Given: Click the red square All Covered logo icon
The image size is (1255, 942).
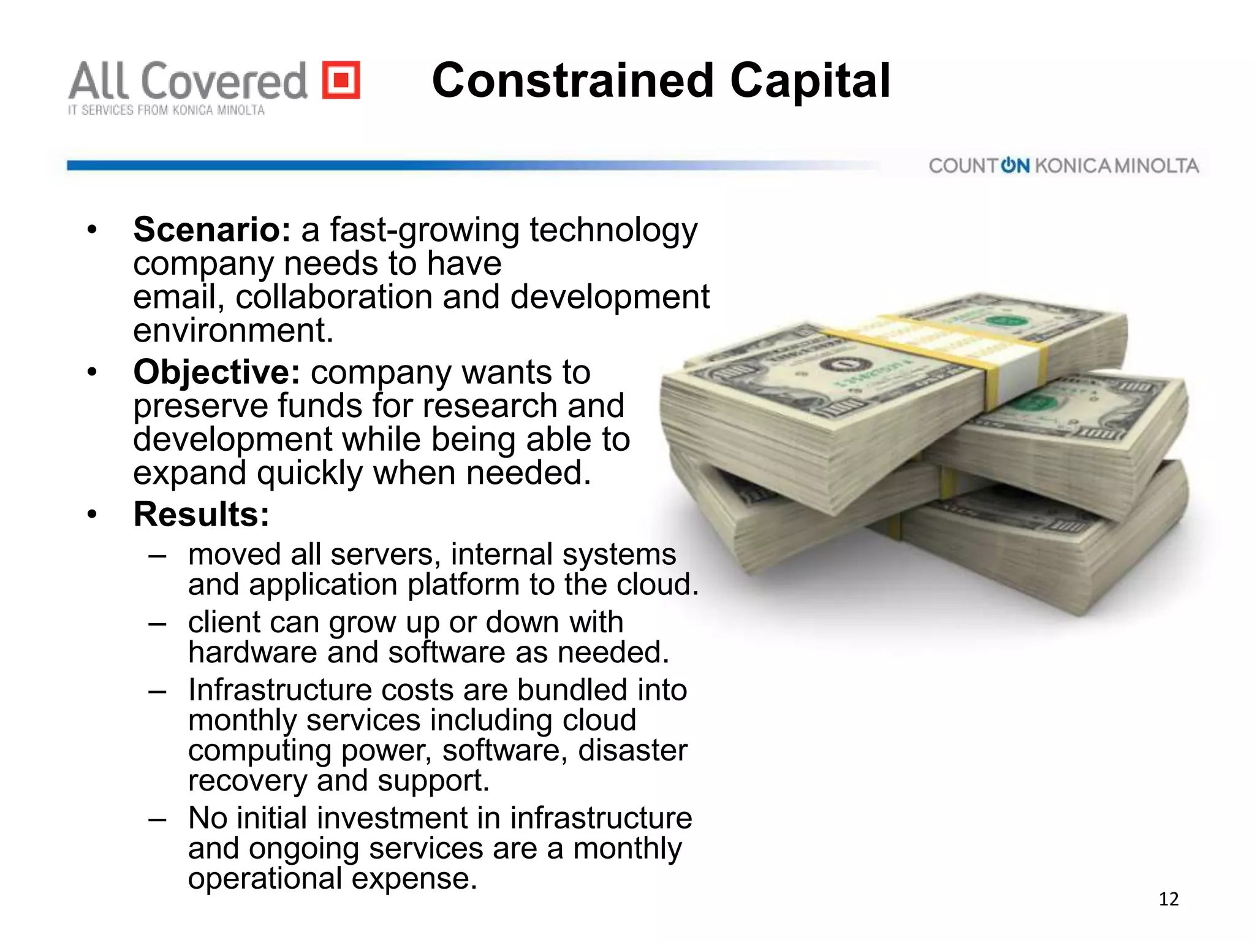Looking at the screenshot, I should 341,80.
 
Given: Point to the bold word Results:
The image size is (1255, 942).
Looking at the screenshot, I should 202,514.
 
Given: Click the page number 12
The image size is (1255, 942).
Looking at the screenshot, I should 1169,899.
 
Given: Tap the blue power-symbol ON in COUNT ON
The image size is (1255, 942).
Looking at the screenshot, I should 1015,166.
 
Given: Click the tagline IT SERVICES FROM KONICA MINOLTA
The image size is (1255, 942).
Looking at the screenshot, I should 166,110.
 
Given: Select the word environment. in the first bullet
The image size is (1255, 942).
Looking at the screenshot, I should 233,331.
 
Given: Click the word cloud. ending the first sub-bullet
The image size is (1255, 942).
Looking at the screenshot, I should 658,584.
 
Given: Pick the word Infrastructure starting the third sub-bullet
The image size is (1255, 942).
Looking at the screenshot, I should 279,690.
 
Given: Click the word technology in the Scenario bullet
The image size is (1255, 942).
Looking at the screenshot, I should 613,230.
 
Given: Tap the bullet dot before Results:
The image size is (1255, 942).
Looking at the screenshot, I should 92,515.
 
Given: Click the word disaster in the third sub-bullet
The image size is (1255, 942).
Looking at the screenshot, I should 632,750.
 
